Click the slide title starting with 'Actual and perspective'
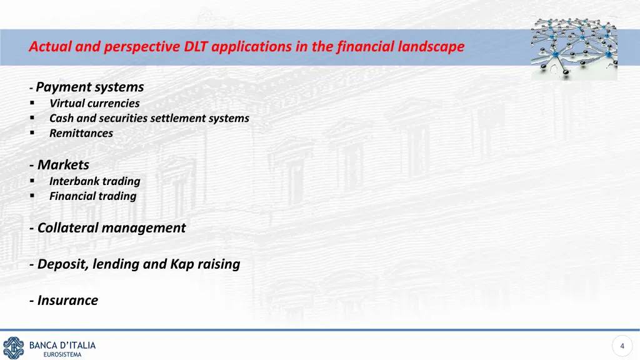(x=246, y=46)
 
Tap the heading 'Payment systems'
(x=90, y=87)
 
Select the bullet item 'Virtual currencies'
(x=94, y=103)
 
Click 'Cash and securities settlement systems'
(x=149, y=118)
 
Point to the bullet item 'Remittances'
(x=81, y=133)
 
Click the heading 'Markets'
(x=63, y=165)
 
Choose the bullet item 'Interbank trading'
(x=95, y=181)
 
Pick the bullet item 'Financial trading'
(x=92, y=196)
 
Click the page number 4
(x=622, y=346)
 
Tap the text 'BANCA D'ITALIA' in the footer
(x=62, y=345)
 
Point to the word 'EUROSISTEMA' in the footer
(x=62, y=355)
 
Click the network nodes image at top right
(x=574, y=47)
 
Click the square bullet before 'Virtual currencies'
(x=31, y=104)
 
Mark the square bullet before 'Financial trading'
(x=31, y=196)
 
